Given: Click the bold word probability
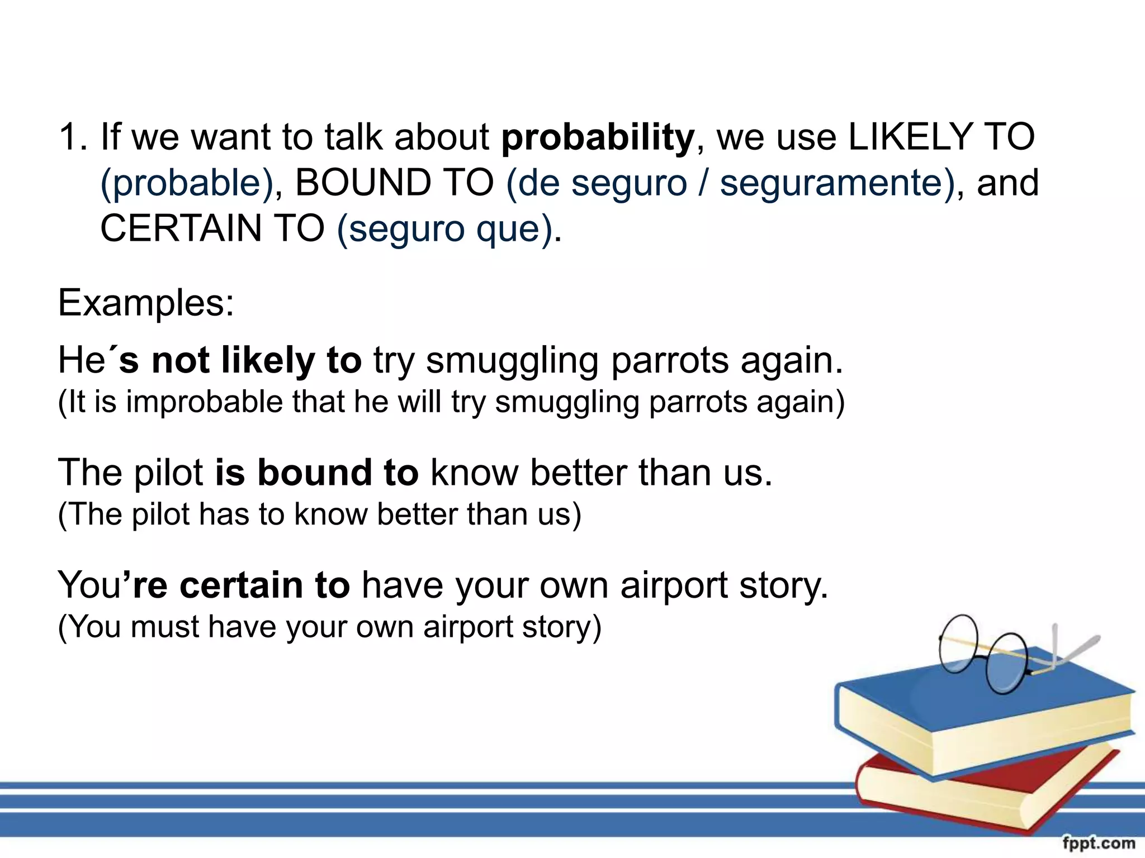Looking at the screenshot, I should pos(597,138).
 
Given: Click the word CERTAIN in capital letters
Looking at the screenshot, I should pos(180,228).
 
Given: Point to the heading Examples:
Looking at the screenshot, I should pos(146,303).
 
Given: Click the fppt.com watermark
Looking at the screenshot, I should pos(1098,842).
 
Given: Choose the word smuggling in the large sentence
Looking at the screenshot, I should pos(512,361).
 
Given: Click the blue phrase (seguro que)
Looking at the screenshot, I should pos(445,229).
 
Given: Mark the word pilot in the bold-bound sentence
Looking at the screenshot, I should pos(168,473).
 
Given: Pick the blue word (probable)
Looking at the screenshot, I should pos(186,183).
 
